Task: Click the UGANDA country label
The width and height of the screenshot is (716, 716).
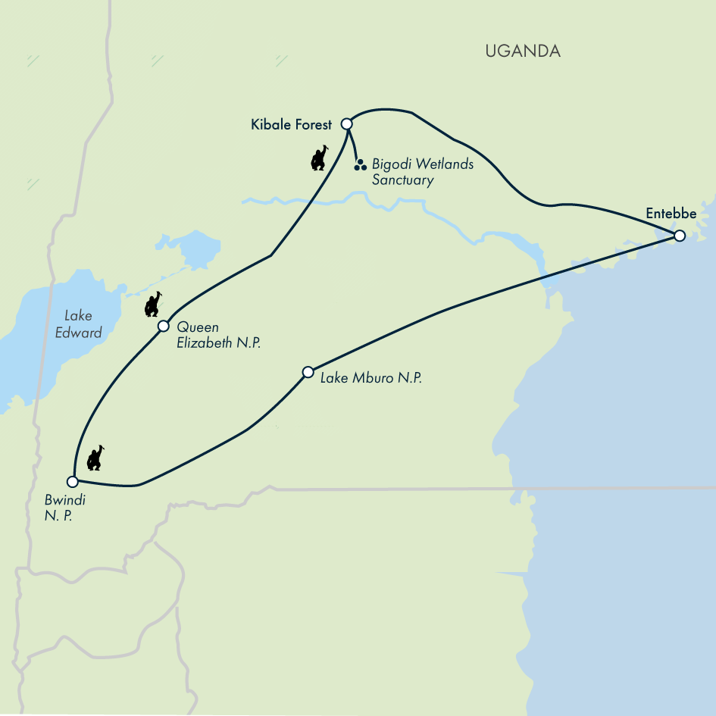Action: pyautogui.click(x=523, y=52)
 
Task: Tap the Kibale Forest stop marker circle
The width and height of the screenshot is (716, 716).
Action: pyautogui.click(x=347, y=124)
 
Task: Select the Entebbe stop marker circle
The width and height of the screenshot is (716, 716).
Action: pyautogui.click(x=680, y=236)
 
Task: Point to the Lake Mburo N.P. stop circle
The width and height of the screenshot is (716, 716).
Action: pyautogui.click(x=308, y=372)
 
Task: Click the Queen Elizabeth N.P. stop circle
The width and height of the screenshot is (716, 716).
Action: pyautogui.click(x=163, y=327)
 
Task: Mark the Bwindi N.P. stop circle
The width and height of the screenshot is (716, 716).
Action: pyautogui.click(x=73, y=481)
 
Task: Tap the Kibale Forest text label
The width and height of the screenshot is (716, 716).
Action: pyautogui.click(x=292, y=124)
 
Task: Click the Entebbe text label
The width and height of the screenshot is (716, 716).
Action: pyautogui.click(x=671, y=214)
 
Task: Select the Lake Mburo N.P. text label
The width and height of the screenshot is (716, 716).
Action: pyautogui.click(x=371, y=377)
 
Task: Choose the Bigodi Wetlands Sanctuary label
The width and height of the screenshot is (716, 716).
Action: pyautogui.click(x=411, y=172)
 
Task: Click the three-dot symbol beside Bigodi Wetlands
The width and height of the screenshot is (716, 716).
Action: pyautogui.click(x=361, y=164)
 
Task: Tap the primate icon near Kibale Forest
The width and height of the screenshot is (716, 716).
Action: pyautogui.click(x=320, y=158)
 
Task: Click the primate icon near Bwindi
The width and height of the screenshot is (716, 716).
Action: pyautogui.click(x=95, y=458)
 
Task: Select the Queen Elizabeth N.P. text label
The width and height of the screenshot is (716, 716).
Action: pyautogui.click(x=217, y=335)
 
